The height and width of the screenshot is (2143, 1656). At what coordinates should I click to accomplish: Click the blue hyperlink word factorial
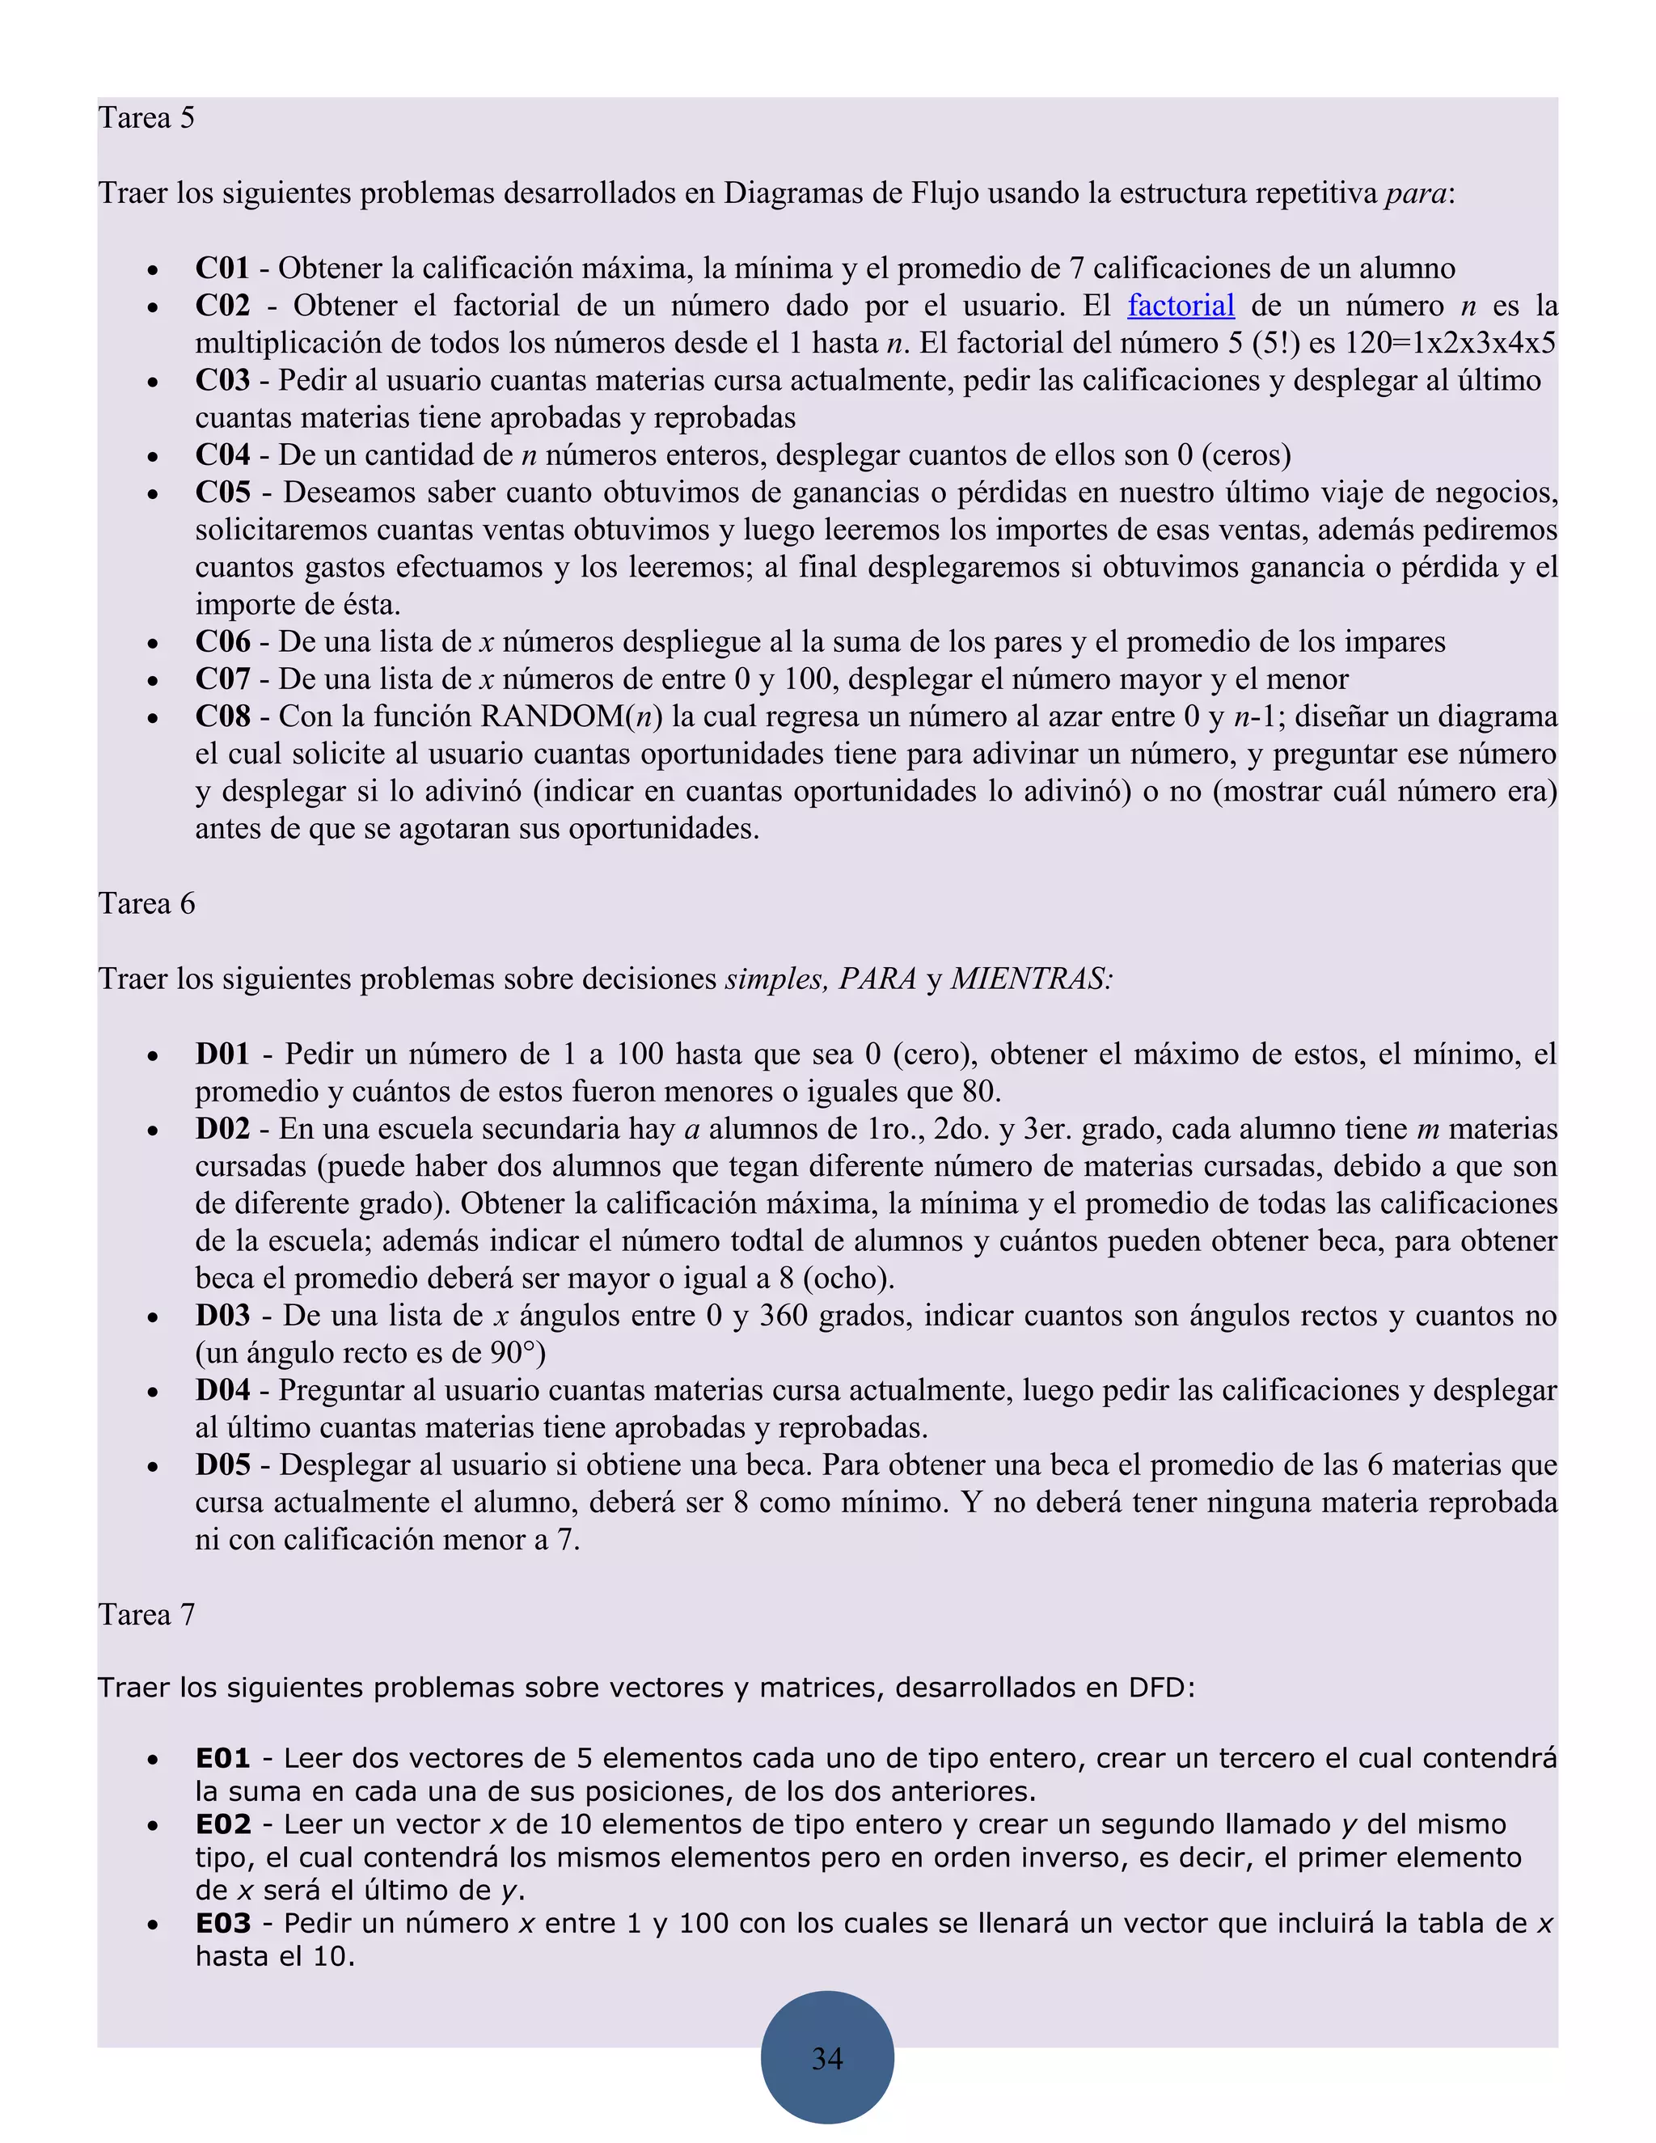1181,306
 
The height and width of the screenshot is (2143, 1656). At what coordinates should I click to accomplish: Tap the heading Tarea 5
146,118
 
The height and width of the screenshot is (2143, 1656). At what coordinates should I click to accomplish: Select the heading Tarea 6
146,904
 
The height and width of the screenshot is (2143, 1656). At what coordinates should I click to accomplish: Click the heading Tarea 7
146,1615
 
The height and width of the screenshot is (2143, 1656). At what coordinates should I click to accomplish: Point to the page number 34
827,2057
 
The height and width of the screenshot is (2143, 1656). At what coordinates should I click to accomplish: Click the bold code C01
222,268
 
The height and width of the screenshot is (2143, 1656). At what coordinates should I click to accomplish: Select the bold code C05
222,492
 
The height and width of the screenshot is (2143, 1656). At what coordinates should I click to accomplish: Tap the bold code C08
222,716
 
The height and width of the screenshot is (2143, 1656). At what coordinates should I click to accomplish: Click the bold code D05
222,1465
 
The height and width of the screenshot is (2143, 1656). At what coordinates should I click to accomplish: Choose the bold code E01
222,1758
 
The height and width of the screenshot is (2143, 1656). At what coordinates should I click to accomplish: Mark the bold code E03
222,1923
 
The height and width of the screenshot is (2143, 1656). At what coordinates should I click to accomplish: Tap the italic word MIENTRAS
1030,979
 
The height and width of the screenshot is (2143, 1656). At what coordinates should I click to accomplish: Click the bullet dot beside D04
152,1393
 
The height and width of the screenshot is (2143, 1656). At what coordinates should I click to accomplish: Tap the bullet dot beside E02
152,1826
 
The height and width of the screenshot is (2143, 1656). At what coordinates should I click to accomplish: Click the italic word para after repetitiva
1416,193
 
